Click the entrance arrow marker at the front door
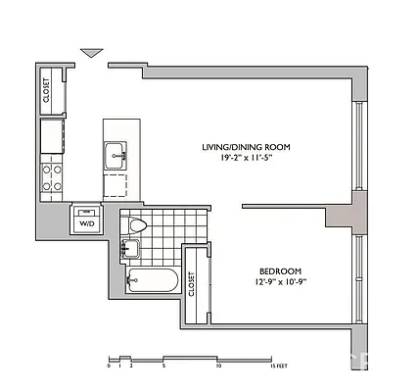(x=92, y=52)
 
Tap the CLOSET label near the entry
(x=46, y=89)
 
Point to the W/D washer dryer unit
(x=86, y=221)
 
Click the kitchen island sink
(x=116, y=154)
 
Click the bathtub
(x=152, y=282)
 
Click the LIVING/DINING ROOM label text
(x=247, y=147)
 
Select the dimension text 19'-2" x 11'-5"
(x=246, y=159)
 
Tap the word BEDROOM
(x=280, y=271)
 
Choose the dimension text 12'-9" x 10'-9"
(x=280, y=283)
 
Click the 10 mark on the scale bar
(x=219, y=366)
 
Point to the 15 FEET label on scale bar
(x=278, y=366)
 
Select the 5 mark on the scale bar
(x=164, y=366)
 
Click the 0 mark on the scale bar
(x=109, y=366)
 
